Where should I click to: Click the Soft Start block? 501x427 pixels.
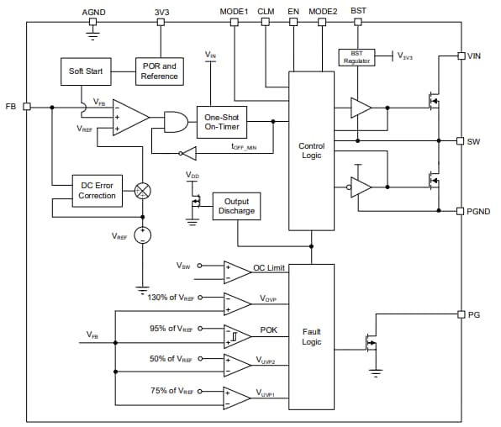point(86,71)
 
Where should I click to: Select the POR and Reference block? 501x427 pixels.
point(159,71)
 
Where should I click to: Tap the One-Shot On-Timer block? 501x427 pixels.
point(222,122)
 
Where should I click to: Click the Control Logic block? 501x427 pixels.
point(311,151)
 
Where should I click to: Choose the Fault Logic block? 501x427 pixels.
point(311,337)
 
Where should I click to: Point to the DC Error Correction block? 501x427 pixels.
point(97,190)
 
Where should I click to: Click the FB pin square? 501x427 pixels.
point(27,107)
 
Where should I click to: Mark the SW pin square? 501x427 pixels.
point(461,140)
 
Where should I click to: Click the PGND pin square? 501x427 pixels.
point(461,211)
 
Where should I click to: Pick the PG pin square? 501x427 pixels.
point(461,314)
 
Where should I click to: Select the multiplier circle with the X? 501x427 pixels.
point(143,190)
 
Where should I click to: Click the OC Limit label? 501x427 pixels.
point(269,268)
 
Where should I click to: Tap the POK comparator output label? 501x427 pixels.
point(268,330)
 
